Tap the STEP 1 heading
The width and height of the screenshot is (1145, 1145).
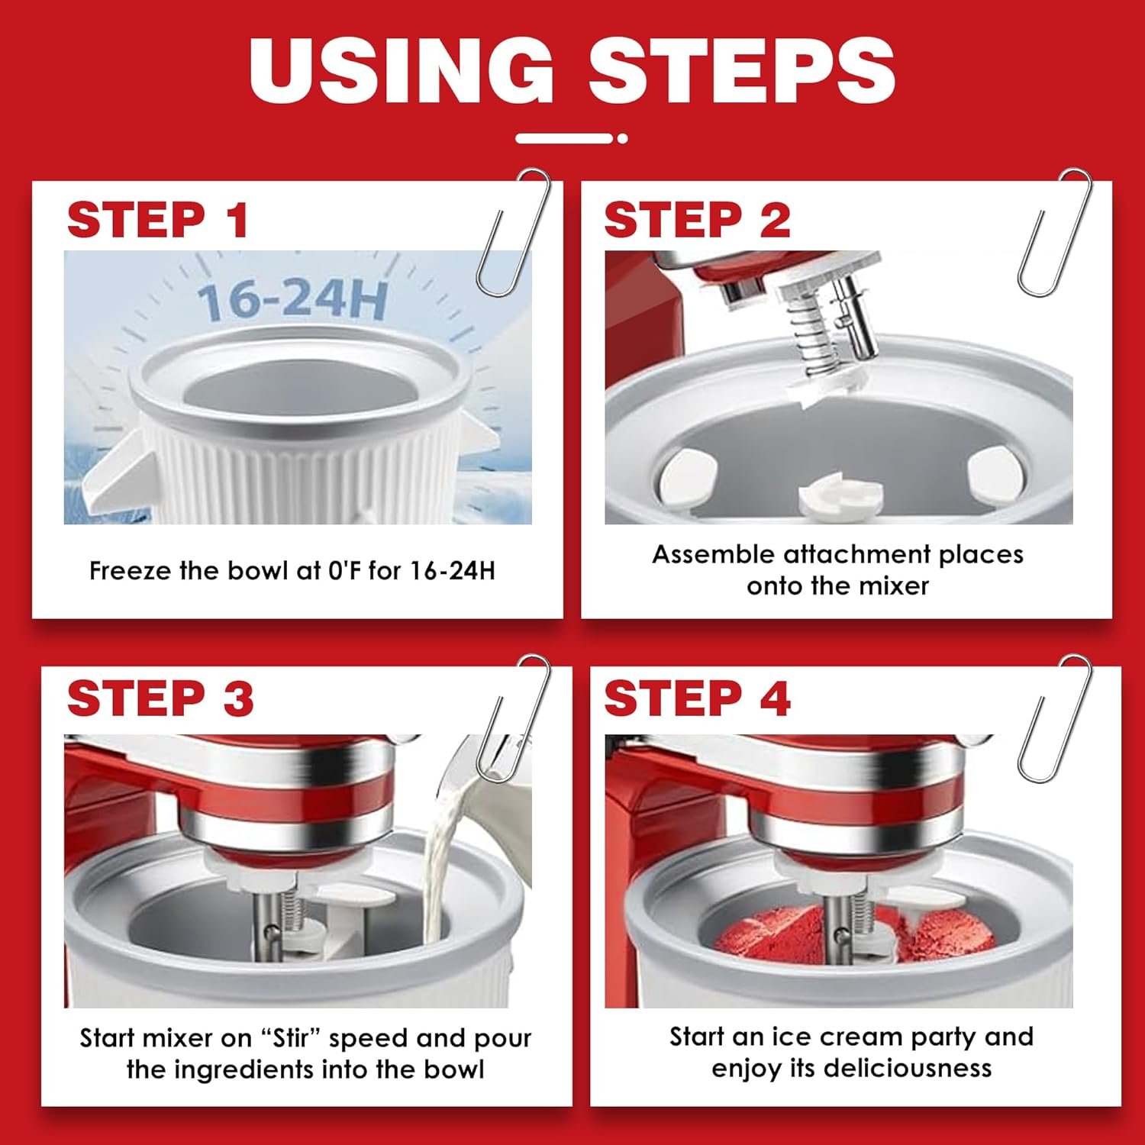tap(158, 221)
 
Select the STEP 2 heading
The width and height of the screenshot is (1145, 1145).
tap(697, 221)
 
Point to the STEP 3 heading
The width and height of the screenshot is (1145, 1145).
tap(160, 698)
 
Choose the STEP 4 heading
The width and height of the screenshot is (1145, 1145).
tap(697, 698)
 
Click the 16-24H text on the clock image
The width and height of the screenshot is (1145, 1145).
tap(293, 300)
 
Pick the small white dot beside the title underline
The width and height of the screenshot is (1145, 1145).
tap(623, 139)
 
